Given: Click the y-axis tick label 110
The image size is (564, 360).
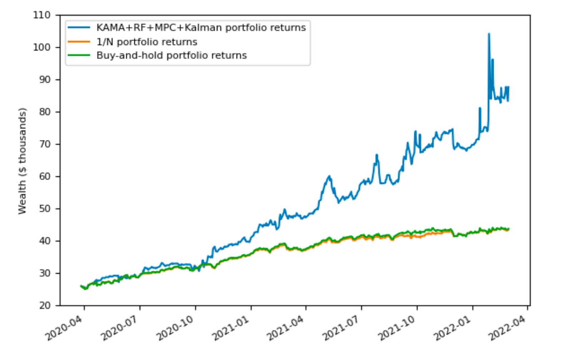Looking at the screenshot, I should [42, 15].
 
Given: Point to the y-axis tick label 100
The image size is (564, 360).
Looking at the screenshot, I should [42, 47].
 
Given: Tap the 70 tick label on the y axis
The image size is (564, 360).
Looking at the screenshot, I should [45, 144].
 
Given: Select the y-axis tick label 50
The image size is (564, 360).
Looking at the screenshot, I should [45, 209].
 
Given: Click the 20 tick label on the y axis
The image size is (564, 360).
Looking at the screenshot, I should [45, 305].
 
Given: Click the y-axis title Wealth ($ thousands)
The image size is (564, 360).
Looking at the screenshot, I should [23, 161].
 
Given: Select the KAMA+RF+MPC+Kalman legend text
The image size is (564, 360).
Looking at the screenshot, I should [201, 27].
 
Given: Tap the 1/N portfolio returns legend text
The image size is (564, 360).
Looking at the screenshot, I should [147, 42].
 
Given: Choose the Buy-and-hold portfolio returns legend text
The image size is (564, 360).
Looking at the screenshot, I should [172, 55].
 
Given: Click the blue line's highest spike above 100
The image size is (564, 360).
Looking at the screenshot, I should [489, 34].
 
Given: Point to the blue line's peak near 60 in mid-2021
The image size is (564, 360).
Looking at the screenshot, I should [329, 176].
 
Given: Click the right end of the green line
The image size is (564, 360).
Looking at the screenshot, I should [508, 229].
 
